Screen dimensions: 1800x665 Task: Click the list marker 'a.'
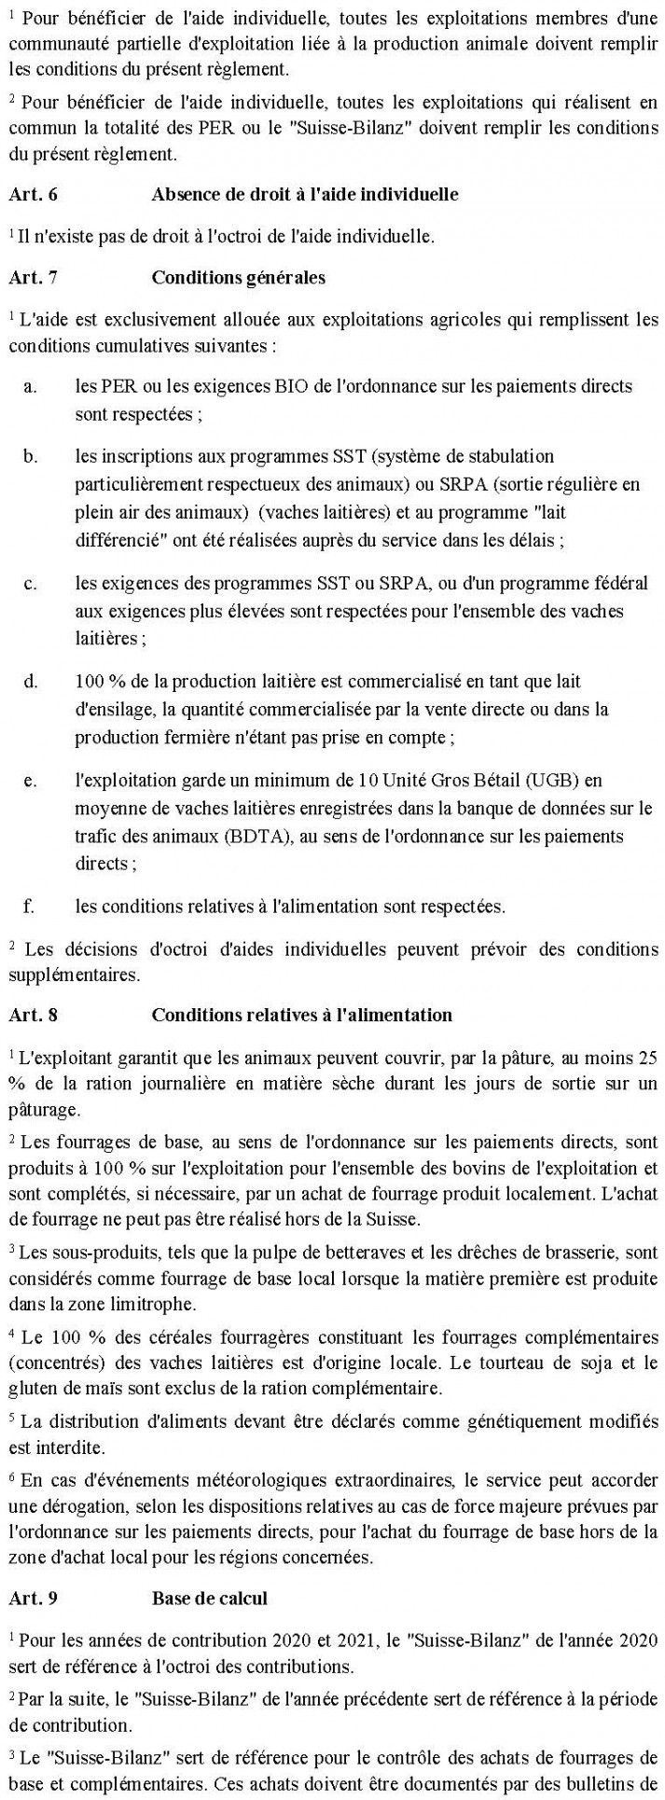point(30,385)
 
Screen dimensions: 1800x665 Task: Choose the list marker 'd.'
point(31,682)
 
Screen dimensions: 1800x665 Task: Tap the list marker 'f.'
point(29,905)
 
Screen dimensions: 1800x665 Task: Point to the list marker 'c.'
point(30,584)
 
